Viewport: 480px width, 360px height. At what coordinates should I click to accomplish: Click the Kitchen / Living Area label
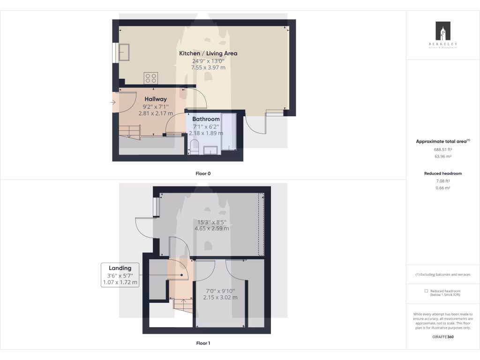tap(208, 53)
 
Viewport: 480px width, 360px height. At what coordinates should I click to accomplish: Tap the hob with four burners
tap(151, 78)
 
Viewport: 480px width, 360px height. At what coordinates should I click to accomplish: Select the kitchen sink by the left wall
tap(124, 52)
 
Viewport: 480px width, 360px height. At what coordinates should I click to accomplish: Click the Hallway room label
tap(155, 99)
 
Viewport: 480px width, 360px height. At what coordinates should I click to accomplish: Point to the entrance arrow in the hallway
tap(114, 102)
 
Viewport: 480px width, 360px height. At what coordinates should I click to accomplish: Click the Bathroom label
tap(206, 119)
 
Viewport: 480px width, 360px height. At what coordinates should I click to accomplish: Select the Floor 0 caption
tap(203, 173)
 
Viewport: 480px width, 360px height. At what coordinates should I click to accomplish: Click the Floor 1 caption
tap(203, 343)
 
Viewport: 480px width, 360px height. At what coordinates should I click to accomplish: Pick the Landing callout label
tap(120, 268)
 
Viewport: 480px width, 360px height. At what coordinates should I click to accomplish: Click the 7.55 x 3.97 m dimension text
tap(208, 67)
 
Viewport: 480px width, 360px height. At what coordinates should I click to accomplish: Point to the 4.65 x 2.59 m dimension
tap(212, 229)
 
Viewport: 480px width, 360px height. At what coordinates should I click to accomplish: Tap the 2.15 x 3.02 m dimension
tap(220, 297)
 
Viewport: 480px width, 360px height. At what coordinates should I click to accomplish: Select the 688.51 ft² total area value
tap(442, 149)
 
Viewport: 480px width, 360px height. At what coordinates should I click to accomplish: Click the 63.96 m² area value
tap(442, 157)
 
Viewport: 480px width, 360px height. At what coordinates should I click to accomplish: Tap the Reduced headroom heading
tap(442, 173)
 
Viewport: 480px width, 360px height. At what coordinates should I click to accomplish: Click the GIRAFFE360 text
tap(442, 337)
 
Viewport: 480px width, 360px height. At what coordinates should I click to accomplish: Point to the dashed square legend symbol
tap(426, 291)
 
